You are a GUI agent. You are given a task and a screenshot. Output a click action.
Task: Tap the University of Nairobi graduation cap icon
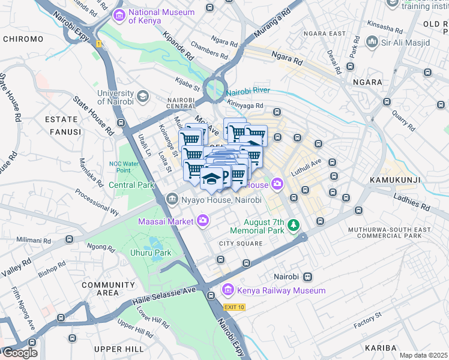click(x=143, y=96)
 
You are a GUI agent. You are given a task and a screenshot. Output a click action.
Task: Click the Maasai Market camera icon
click(x=203, y=221)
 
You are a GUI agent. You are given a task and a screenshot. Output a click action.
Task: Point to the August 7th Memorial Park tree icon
click(x=293, y=225)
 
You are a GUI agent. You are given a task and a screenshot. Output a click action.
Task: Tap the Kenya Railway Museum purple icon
click(x=228, y=291)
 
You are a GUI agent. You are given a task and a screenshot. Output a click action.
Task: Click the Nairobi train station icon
click(x=307, y=277)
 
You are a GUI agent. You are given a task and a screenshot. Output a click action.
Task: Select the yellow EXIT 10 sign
click(x=234, y=307)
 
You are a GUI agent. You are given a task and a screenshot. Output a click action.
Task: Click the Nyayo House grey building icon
click(x=172, y=200)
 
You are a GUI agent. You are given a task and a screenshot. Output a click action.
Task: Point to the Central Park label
click(x=131, y=185)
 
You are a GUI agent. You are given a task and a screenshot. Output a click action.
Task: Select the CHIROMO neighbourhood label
click(x=23, y=39)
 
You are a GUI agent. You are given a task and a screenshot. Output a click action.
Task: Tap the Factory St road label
click(x=367, y=320)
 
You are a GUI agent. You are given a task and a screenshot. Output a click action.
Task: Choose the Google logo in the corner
click(x=19, y=352)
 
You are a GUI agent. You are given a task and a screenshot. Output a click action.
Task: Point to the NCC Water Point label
click(x=124, y=167)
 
